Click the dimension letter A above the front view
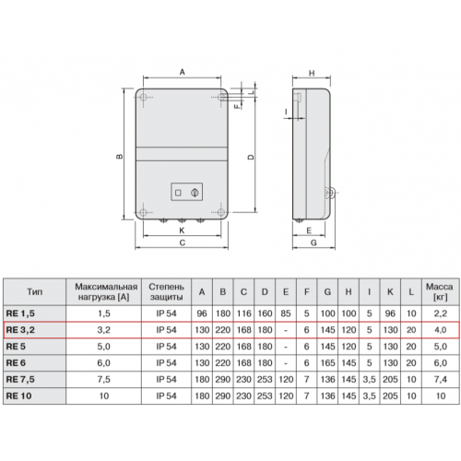[x=183, y=72]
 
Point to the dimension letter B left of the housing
[x=120, y=156]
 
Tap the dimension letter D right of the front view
[x=251, y=157]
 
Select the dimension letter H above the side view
[x=312, y=74]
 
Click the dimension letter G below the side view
[x=313, y=242]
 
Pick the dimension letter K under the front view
[x=182, y=230]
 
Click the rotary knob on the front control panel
[x=195, y=193]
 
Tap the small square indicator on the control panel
[x=178, y=193]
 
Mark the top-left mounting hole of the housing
[x=144, y=97]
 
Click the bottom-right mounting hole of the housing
[x=220, y=212]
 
